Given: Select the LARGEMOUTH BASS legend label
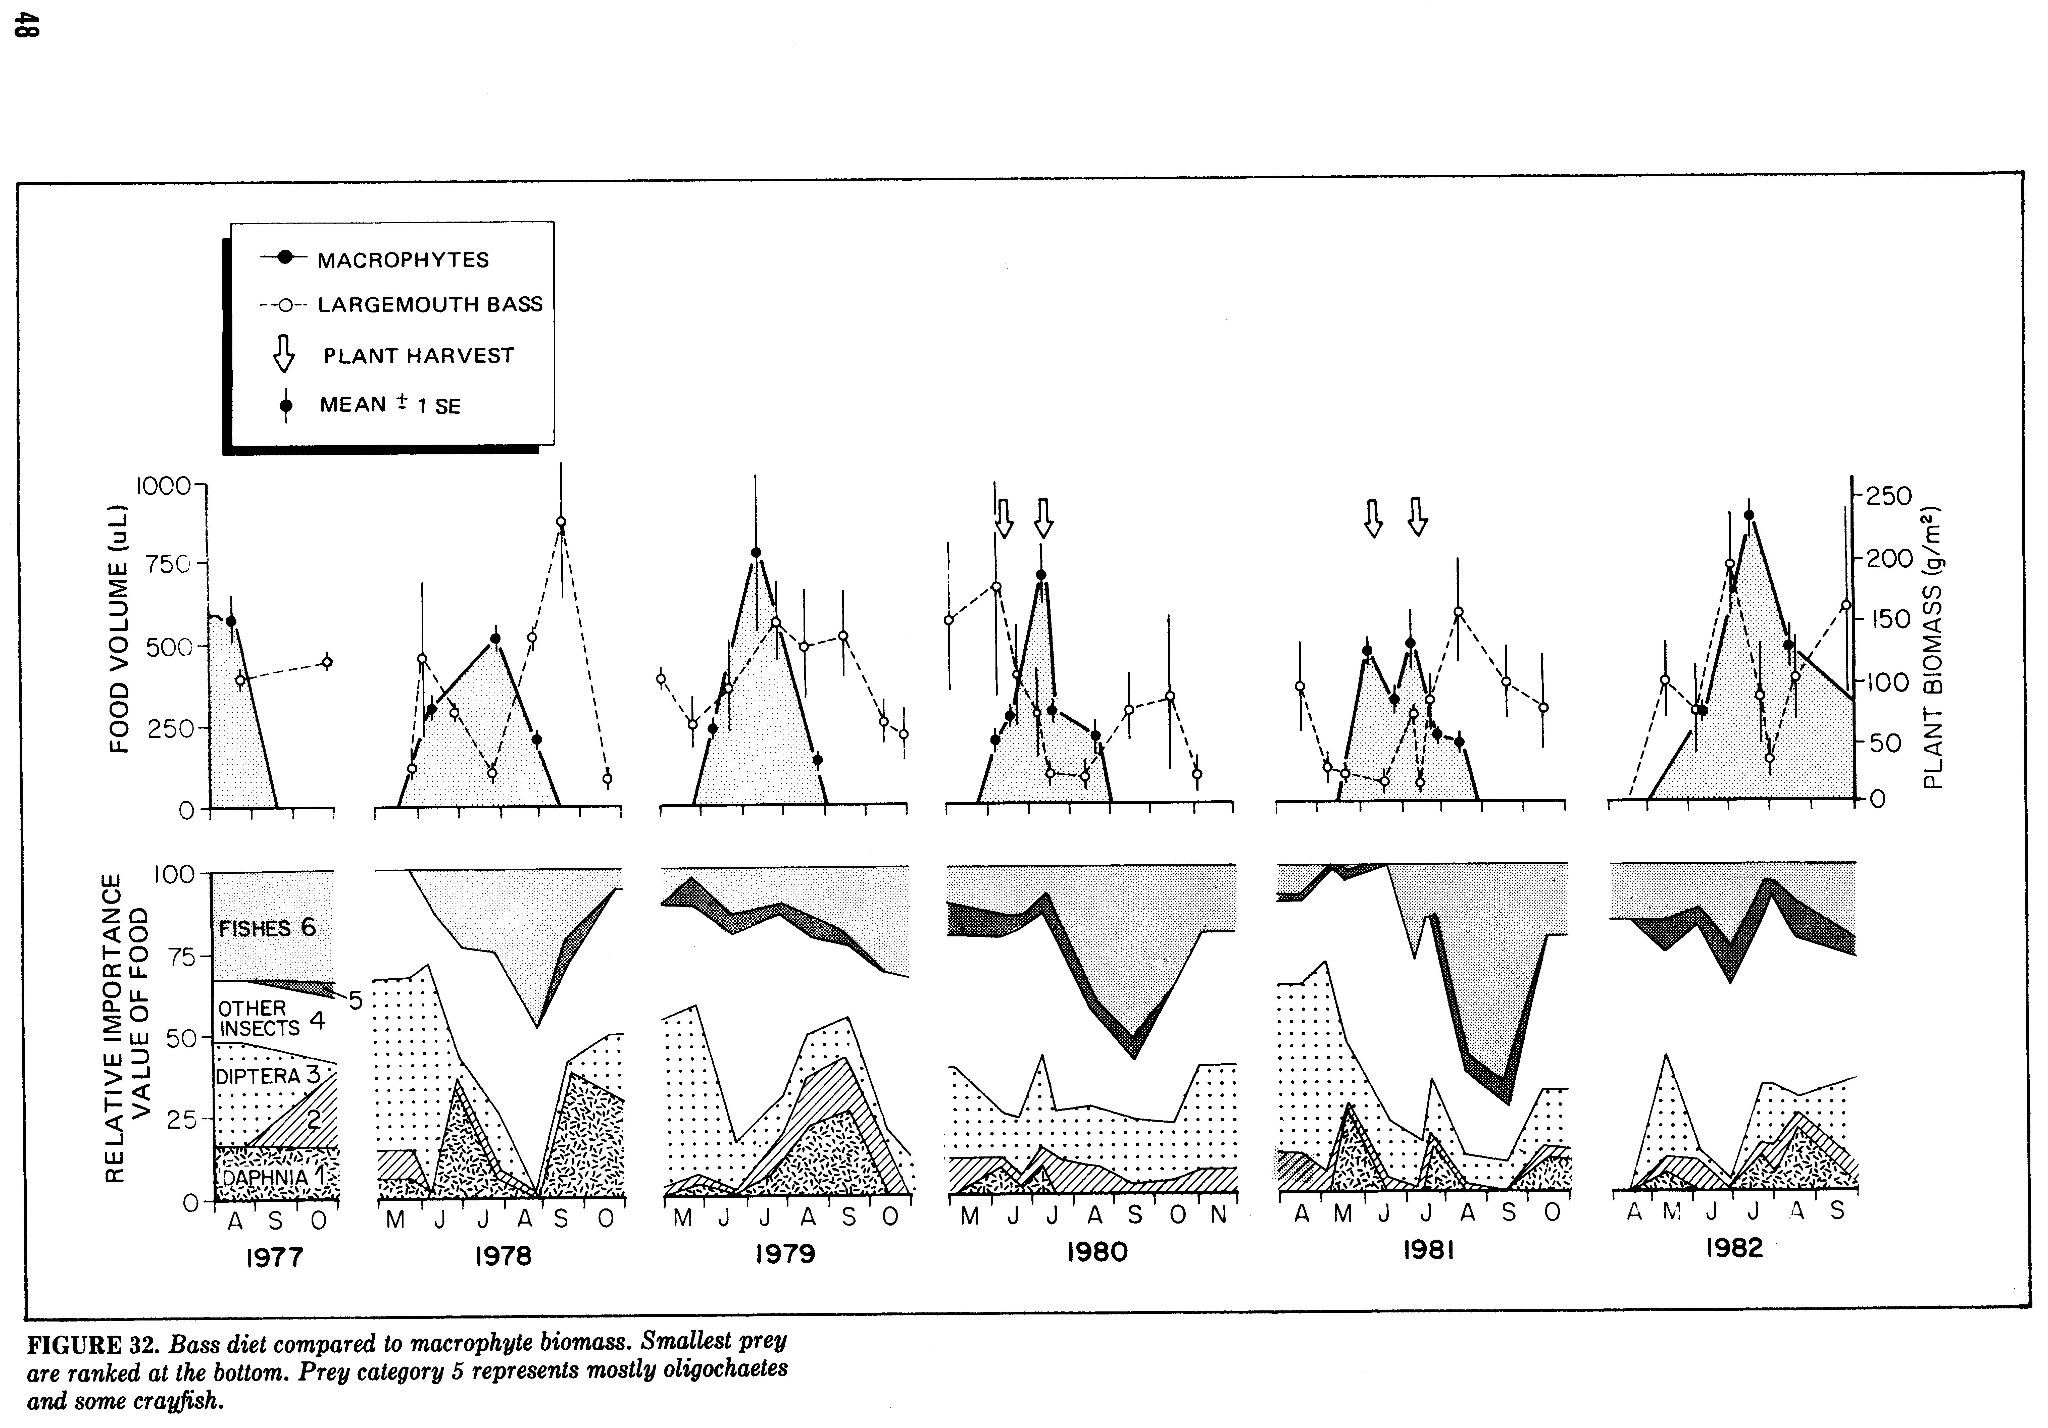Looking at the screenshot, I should click(x=430, y=304).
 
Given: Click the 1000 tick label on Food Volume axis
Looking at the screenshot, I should click(x=163, y=486).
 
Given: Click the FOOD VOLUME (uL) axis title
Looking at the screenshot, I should click(x=119, y=630).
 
